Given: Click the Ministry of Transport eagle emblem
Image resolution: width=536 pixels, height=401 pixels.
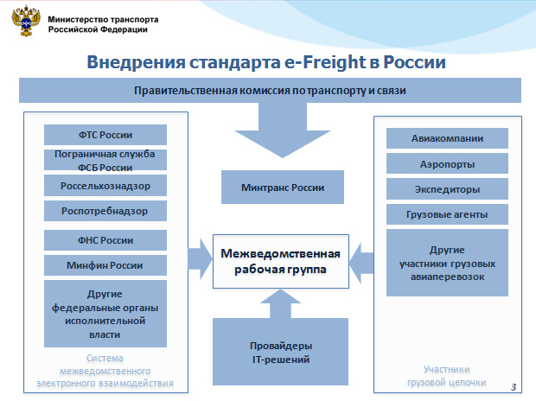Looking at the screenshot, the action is tap(26, 21).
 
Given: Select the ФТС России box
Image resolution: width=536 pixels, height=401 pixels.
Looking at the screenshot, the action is tap(105, 135).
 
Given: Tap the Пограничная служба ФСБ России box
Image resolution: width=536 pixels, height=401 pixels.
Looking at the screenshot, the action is tap(105, 160).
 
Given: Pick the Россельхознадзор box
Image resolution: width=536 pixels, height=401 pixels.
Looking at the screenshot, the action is tap(105, 186).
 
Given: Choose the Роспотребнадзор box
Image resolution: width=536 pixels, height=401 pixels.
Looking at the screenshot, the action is tap(105, 211).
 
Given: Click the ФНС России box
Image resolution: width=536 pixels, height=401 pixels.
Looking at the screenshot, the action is tap(105, 240).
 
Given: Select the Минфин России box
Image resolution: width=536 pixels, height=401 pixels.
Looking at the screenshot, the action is tap(105, 265).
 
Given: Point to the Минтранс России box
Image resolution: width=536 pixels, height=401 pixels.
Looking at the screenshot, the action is tap(283, 188).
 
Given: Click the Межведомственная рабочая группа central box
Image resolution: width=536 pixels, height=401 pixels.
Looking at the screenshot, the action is tap(281, 262).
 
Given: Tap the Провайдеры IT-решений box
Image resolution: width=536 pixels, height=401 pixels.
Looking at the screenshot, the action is tap(281, 352).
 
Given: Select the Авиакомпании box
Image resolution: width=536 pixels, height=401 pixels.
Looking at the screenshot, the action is tap(447, 138).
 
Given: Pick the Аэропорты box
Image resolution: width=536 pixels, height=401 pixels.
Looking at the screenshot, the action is tap(447, 164).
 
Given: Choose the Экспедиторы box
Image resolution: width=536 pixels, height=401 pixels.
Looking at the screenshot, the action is tap(447, 189).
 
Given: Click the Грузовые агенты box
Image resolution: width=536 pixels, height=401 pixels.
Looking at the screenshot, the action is tap(447, 214).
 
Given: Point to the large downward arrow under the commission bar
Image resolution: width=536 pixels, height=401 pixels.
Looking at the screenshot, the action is tap(283, 130).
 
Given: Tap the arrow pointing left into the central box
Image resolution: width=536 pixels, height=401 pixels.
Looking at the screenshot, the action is tap(361, 264).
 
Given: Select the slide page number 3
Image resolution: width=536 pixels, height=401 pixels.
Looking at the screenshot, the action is tap(514, 387).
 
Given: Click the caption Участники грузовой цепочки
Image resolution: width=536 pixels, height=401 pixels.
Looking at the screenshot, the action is tap(447, 376).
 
